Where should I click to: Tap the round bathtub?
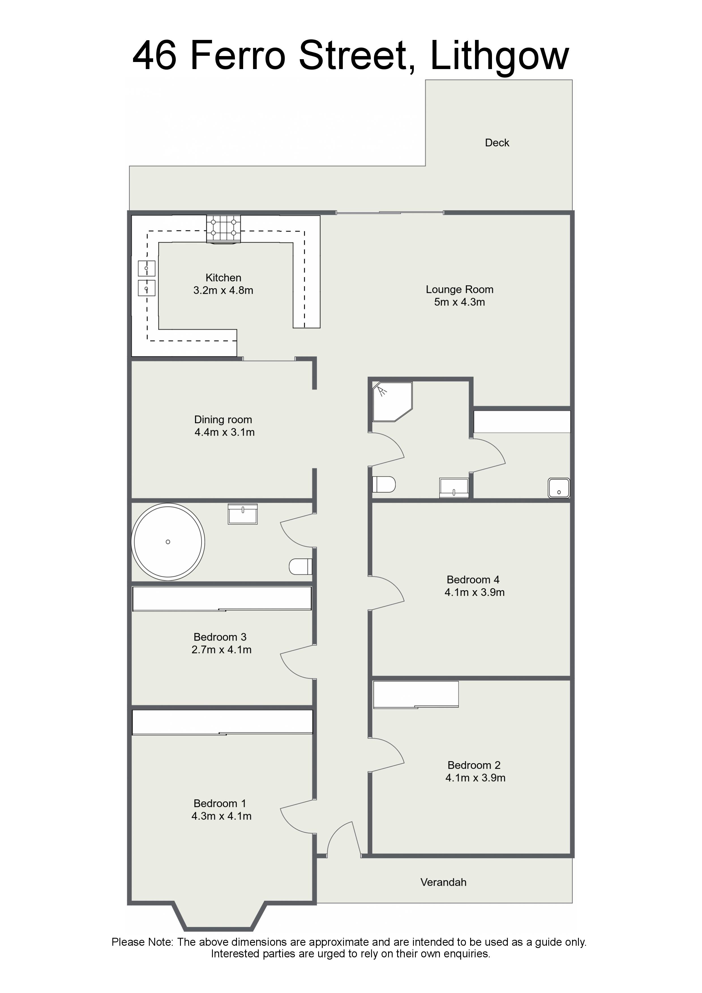coord(168,542)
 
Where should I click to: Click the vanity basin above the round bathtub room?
coord(243,514)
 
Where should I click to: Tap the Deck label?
coord(497,143)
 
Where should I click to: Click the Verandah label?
coord(443,882)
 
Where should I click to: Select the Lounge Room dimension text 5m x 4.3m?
coord(459,302)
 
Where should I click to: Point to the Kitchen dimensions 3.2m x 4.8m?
coord(223,290)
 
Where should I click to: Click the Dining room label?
coord(223,420)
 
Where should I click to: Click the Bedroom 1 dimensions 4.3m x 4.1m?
coord(221,816)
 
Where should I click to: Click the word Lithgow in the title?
coord(500,56)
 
